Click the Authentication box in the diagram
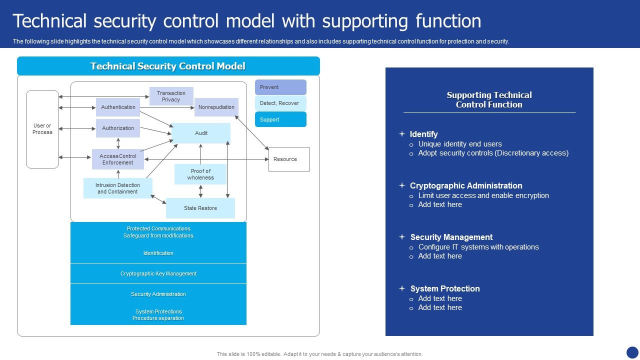pos(118,107)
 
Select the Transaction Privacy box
pos(171,96)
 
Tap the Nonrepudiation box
pos(216,107)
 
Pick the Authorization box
pos(118,128)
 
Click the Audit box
pos(201,133)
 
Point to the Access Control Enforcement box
pos(118,159)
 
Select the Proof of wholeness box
pos(200,174)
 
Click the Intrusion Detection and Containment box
pos(117,188)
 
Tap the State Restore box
pos(200,208)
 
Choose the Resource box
pos(289,159)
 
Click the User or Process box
pos(42,129)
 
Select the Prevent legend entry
pos(280,87)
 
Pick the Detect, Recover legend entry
pos(280,103)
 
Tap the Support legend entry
pos(280,119)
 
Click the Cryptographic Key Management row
pos(158,273)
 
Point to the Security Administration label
pos(158,294)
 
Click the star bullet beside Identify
pos(401,134)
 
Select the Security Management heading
pos(451,237)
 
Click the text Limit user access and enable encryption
pos(483,195)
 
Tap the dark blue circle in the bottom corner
pos(632,352)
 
